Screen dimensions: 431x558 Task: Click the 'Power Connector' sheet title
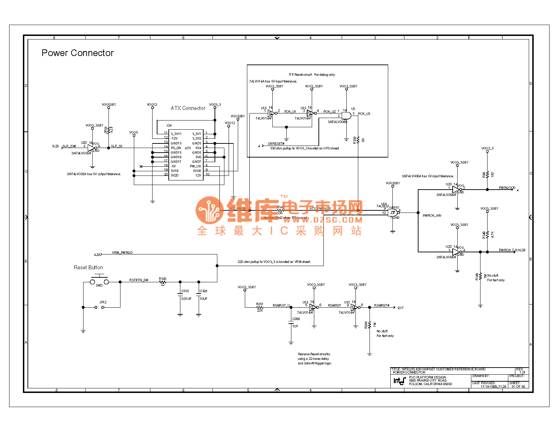[77, 53]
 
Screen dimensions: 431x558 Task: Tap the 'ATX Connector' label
[188, 108]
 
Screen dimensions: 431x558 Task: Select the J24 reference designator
[169, 125]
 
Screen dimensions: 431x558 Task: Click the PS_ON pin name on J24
[176, 148]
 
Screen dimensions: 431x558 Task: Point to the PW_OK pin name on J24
[196, 166]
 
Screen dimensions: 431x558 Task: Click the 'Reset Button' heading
[88, 267]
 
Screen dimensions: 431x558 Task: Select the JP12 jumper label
[103, 302]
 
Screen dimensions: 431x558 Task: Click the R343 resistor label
[162, 279]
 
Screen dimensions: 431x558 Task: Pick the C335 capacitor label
[185, 291]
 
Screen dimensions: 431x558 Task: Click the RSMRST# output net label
[382, 306]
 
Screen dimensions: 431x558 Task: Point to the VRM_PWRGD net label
[122, 253]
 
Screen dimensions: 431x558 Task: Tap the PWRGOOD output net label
[507, 188]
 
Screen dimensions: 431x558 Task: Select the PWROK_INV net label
[432, 216]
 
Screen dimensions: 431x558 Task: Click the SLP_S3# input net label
[69, 146]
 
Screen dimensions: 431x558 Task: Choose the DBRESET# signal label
[276, 144]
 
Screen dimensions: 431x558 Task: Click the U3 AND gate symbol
[346, 116]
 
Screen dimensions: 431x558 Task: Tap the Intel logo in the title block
[399, 381]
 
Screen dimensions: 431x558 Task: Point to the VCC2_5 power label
[488, 148]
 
